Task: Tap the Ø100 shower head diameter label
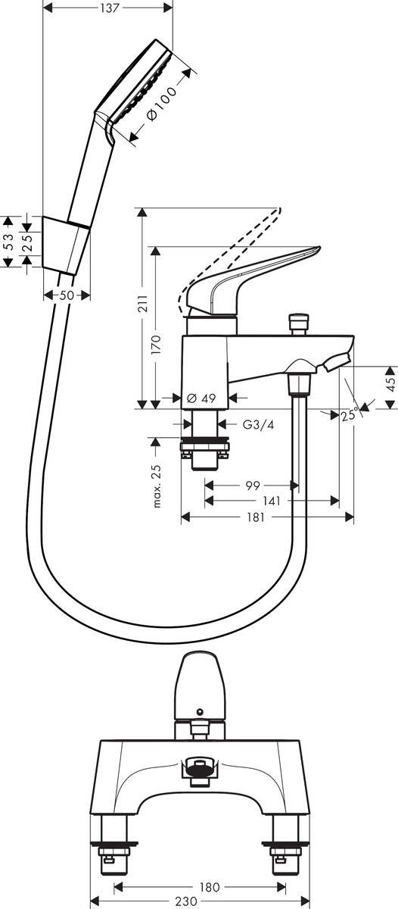pos(162,104)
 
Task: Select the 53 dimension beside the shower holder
pos(8,242)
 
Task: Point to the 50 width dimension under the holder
pos(67,295)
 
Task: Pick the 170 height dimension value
pos(157,345)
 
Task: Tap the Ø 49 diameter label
pos(201,398)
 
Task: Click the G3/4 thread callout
pos(259,424)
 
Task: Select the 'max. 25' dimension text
pos(157,485)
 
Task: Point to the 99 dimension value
pos(253,486)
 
